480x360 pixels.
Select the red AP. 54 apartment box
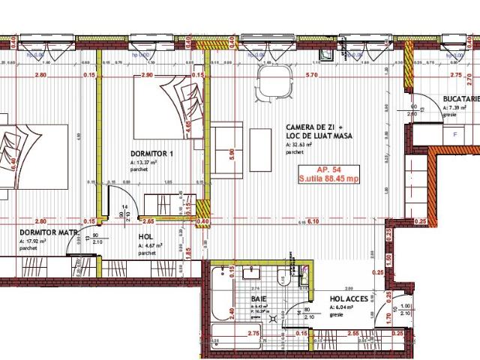328,174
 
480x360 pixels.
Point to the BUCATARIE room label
460,98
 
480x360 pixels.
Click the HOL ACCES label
349,298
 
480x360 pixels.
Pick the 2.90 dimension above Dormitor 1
147,76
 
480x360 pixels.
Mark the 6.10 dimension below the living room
314,221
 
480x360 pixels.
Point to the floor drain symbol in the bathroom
283,317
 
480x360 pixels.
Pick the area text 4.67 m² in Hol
148,246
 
